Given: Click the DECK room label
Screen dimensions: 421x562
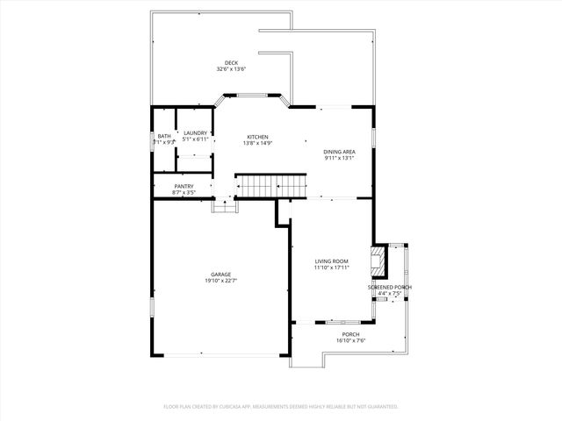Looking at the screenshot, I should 231,62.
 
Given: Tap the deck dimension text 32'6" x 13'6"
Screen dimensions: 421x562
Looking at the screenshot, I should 231,68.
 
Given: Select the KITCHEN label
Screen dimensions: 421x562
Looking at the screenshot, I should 257,137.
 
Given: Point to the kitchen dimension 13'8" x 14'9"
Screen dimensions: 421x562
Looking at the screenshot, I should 257,144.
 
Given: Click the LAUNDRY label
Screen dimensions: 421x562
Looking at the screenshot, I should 195,132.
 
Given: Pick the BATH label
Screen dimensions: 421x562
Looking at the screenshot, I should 164,136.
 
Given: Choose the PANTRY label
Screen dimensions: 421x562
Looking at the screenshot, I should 184,186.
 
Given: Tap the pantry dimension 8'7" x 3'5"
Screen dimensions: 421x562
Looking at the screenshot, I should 184,192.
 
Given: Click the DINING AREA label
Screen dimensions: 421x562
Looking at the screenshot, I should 339,152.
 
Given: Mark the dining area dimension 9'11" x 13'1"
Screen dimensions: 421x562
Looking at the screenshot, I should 339,159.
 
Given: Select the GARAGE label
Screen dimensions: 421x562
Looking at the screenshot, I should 220,274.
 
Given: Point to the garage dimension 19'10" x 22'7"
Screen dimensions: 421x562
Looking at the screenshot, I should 220,281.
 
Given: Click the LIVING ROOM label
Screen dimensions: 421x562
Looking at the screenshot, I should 332,260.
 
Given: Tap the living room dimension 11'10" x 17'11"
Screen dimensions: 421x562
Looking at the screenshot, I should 332,268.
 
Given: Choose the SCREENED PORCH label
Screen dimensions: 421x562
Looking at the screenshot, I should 389,288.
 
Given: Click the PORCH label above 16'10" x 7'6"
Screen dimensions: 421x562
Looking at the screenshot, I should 350,334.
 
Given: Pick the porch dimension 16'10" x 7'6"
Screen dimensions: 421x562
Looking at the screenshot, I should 350,341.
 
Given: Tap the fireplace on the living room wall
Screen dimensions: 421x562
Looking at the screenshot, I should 378,260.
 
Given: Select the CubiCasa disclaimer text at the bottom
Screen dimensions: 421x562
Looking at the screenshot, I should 281,406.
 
